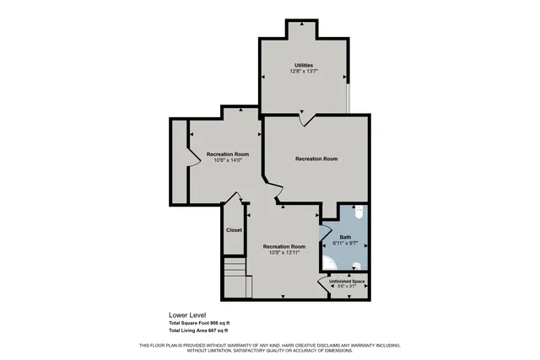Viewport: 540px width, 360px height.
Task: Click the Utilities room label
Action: click(x=304, y=65)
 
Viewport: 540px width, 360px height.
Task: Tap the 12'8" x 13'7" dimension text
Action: click(x=304, y=71)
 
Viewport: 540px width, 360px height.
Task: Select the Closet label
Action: click(x=234, y=230)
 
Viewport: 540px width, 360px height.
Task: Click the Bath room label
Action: click(x=345, y=237)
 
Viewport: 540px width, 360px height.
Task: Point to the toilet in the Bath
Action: click(x=359, y=213)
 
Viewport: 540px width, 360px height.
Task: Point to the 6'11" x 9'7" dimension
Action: click(x=345, y=243)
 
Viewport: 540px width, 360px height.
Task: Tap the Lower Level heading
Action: click(x=186, y=315)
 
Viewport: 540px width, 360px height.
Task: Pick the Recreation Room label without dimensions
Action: click(x=316, y=159)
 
